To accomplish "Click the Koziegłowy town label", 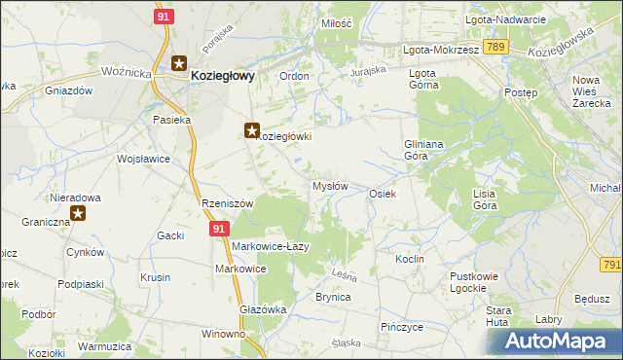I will click(x=223, y=73).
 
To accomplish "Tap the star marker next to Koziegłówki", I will click(x=251, y=129).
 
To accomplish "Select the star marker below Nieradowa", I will click(x=78, y=211).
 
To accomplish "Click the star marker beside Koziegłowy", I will click(x=179, y=64).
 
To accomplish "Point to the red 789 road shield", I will click(x=495, y=46).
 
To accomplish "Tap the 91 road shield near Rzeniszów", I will click(x=220, y=228).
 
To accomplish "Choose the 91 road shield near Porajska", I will click(x=165, y=17).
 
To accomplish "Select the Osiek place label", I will click(x=382, y=194).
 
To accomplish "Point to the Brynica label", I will click(x=333, y=297).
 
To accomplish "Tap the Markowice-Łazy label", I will click(x=270, y=246).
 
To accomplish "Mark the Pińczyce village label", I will click(x=402, y=327).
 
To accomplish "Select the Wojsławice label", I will click(x=143, y=158).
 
